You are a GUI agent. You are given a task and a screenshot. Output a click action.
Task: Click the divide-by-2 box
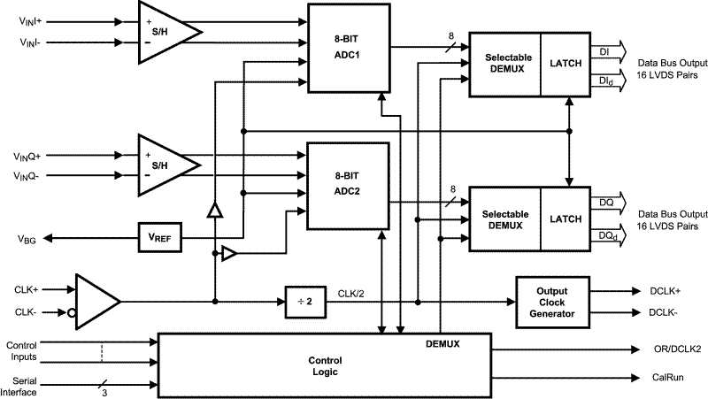point(304,300)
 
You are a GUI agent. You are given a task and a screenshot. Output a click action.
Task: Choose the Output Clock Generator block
point(551,301)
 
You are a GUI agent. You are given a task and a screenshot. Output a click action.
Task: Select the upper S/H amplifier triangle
point(163,31)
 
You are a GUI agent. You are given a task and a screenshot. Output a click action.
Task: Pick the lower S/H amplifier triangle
point(163,165)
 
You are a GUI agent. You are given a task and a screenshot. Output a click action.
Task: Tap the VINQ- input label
point(30,176)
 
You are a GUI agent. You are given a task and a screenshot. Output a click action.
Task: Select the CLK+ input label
point(27,288)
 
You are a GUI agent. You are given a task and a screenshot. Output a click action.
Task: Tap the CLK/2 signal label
point(353,293)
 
